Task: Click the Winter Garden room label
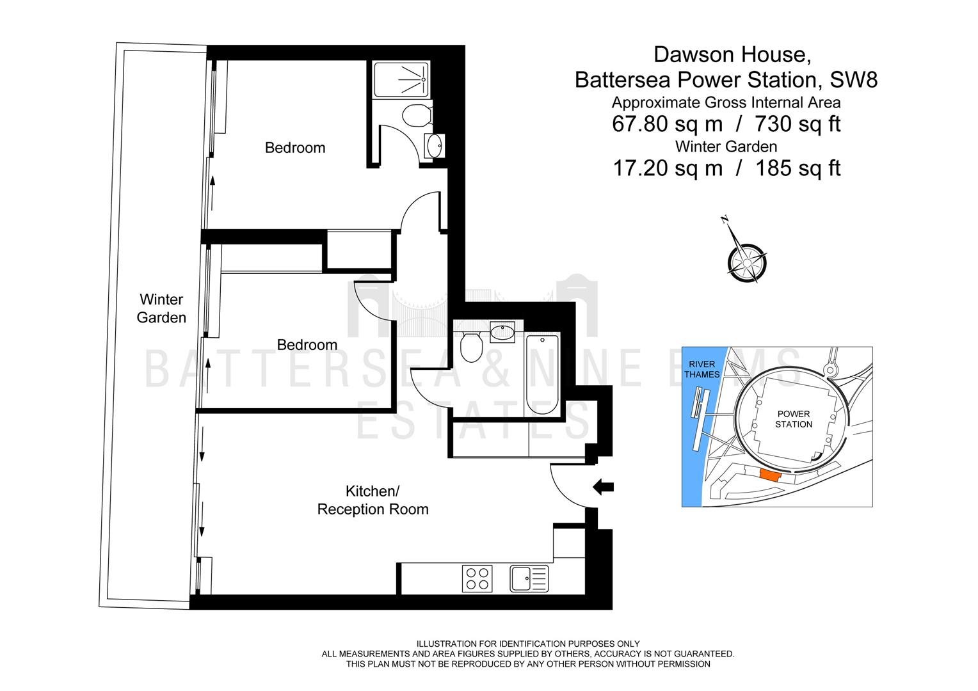tap(161, 308)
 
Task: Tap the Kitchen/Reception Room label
tap(373, 500)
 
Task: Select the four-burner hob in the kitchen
tap(477, 578)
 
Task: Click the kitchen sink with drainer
tap(529, 579)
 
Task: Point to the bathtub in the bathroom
tap(542, 376)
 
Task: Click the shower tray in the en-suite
tap(402, 79)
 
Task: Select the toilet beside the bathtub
tap(471, 347)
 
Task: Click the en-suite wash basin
tap(435, 146)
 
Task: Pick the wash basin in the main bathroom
tap(502, 333)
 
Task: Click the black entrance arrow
tap(604, 487)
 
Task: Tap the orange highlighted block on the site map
tap(770, 475)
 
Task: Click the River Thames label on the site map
tap(702, 369)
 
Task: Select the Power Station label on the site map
tap(794, 419)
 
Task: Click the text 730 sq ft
tap(798, 124)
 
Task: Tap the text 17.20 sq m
tap(668, 168)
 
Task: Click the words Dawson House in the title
tap(732, 55)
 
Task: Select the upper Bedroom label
tap(295, 148)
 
